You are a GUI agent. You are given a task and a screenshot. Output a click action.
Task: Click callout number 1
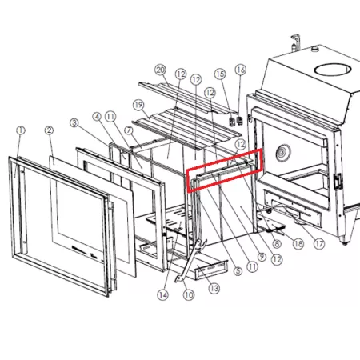tap(21, 130)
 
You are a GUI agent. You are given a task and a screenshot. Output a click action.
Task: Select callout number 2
tap(49, 130)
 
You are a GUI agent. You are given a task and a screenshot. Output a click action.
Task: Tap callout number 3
tap(74, 123)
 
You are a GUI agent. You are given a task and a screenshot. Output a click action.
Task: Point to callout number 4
tap(97, 117)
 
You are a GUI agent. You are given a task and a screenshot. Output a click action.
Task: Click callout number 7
tap(129, 130)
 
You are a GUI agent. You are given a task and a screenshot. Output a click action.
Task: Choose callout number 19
tap(138, 105)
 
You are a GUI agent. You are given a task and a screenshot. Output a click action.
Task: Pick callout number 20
tap(160, 70)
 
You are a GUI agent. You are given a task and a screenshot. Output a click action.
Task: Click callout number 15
tap(220, 74)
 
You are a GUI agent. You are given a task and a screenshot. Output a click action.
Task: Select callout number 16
tap(241, 70)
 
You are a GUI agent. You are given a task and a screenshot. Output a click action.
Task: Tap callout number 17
tap(319, 244)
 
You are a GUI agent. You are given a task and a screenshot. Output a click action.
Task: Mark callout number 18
tap(298, 244)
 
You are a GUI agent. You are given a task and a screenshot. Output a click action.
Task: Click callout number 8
tap(277, 243)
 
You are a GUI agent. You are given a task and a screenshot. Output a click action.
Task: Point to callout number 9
tap(262, 257)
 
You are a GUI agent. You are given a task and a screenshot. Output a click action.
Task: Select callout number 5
tap(238, 271)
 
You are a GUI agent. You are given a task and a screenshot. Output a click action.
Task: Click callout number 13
tap(214, 288)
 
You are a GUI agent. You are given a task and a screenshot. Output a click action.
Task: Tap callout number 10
tap(189, 295)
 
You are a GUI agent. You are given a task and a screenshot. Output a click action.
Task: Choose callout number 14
tap(163, 295)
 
